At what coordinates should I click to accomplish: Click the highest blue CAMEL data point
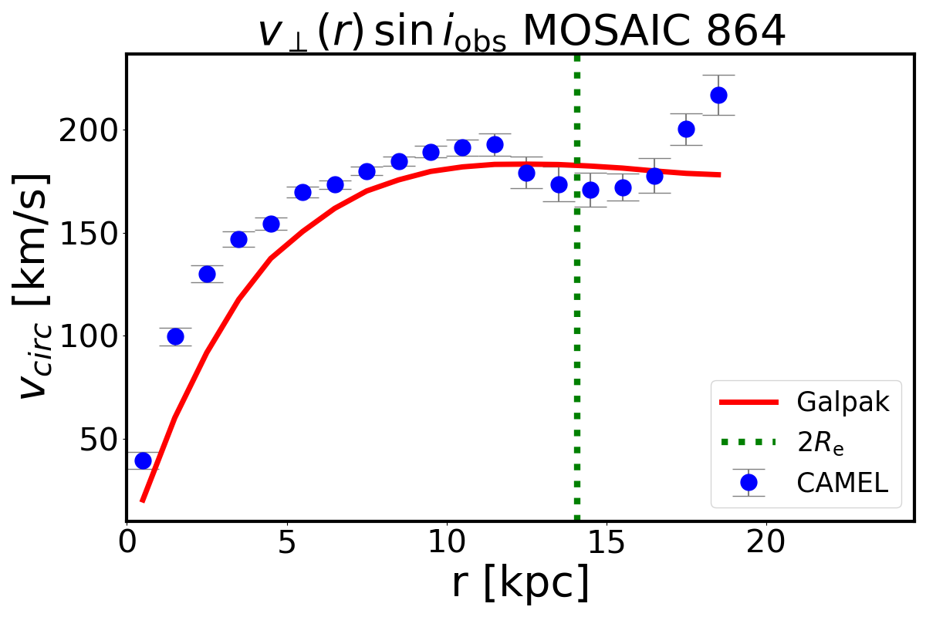click(718, 95)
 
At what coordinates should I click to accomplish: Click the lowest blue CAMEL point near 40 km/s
click(143, 460)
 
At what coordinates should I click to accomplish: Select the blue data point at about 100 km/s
click(175, 336)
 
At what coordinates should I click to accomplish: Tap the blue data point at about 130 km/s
click(207, 274)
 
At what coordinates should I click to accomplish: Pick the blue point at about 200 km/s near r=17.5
click(686, 129)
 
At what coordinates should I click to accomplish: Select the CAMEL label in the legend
click(842, 483)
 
